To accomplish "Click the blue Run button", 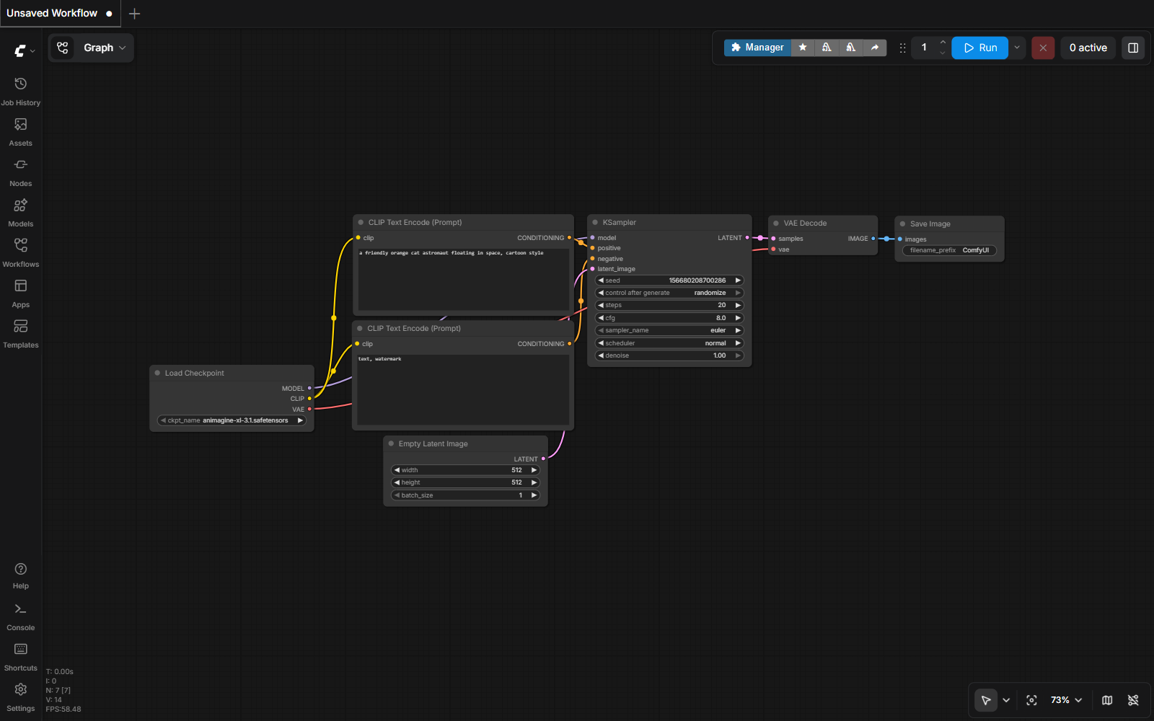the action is click(x=979, y=48).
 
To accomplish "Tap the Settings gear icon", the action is click(x=21, y=689).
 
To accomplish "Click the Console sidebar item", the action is click(x=21, y=617).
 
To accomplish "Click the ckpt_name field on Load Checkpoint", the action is click(x=232, y=420).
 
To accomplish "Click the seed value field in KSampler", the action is click(x=669, y=280).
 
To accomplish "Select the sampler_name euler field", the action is click(x=669, y=330).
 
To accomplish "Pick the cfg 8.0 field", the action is click(x=669, y=318).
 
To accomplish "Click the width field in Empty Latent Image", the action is click(x=465, y=469).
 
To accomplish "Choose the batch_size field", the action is click(x=465, y=495).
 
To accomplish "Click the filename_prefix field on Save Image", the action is click(x=949, y=250).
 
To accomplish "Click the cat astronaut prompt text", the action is click(x=451, y=253).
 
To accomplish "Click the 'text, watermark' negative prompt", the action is click(x=379, y=359).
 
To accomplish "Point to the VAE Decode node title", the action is click(x=805, y=223).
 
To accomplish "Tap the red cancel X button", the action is click(x=1043, y=48).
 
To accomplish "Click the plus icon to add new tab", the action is click(x=134, y=14).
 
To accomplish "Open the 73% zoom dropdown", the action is click(x=1066, y=700).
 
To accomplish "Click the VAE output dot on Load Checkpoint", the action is click(x=309, y=409).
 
